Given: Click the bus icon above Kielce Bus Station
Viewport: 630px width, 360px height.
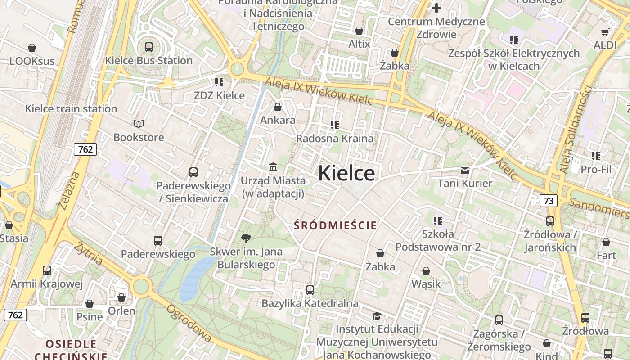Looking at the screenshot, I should (x=149, y=47).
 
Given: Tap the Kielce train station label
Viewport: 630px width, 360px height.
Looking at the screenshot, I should (x=71, y=108).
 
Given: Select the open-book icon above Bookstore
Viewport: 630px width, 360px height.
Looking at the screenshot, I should (x=139, y=124).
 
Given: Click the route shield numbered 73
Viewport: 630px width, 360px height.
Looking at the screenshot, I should (x=549, y=201).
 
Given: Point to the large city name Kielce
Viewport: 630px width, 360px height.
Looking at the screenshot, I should (x=346, y=173).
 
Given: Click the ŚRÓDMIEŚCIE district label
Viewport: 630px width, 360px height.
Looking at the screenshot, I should (x=335, y=225).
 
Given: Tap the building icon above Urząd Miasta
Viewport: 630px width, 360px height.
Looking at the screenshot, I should (x=273, y=167).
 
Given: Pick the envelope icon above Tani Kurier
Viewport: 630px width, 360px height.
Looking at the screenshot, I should (x=465, y=171).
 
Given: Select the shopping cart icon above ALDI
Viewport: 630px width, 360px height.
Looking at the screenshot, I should (x=605, y=32).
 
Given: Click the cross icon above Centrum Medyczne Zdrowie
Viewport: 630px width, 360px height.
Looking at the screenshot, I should (x=436, y=8).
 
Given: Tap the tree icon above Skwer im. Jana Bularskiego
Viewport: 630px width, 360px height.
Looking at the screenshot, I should (x=246, y=238).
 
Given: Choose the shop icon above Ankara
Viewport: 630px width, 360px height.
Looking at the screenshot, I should (x=278, y=107).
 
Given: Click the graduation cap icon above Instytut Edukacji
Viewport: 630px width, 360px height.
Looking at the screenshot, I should (x=377, y=316).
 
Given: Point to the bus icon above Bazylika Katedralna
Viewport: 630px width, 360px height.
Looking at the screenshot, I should (x=310, y=290).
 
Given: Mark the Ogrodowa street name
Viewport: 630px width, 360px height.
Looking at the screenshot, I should (x=189, y=323).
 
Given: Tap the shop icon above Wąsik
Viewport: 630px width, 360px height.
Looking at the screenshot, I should (x=426, y=271).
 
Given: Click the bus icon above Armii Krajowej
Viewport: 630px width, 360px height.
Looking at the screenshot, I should (x=47, y=270).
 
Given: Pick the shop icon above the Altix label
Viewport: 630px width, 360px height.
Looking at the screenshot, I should (x=359, y=31).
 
